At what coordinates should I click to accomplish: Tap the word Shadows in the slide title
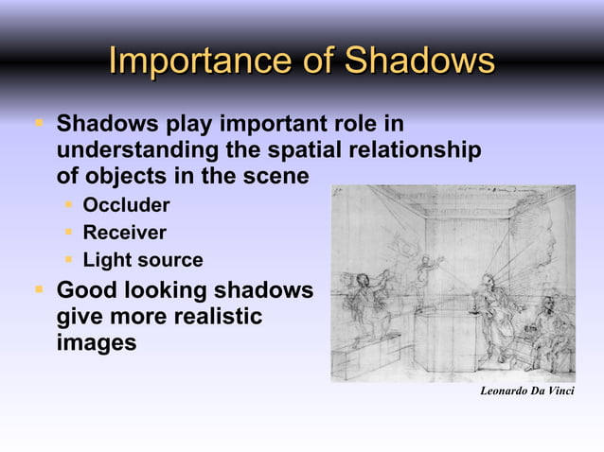[x=418, y=61]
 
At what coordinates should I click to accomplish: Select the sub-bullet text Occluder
[x=126, y=205]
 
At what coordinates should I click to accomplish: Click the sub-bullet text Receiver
[x=124, y=233]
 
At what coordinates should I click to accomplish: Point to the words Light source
[x=142, y=260]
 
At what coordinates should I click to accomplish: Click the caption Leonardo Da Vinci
[x=527, y=391]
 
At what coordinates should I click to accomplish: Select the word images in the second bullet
[x=96, y=343]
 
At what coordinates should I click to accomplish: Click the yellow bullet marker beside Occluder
[x=70, y=205]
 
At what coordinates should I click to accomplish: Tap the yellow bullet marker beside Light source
[x=70, y=260]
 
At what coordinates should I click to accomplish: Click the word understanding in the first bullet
[x=137, y=150]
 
